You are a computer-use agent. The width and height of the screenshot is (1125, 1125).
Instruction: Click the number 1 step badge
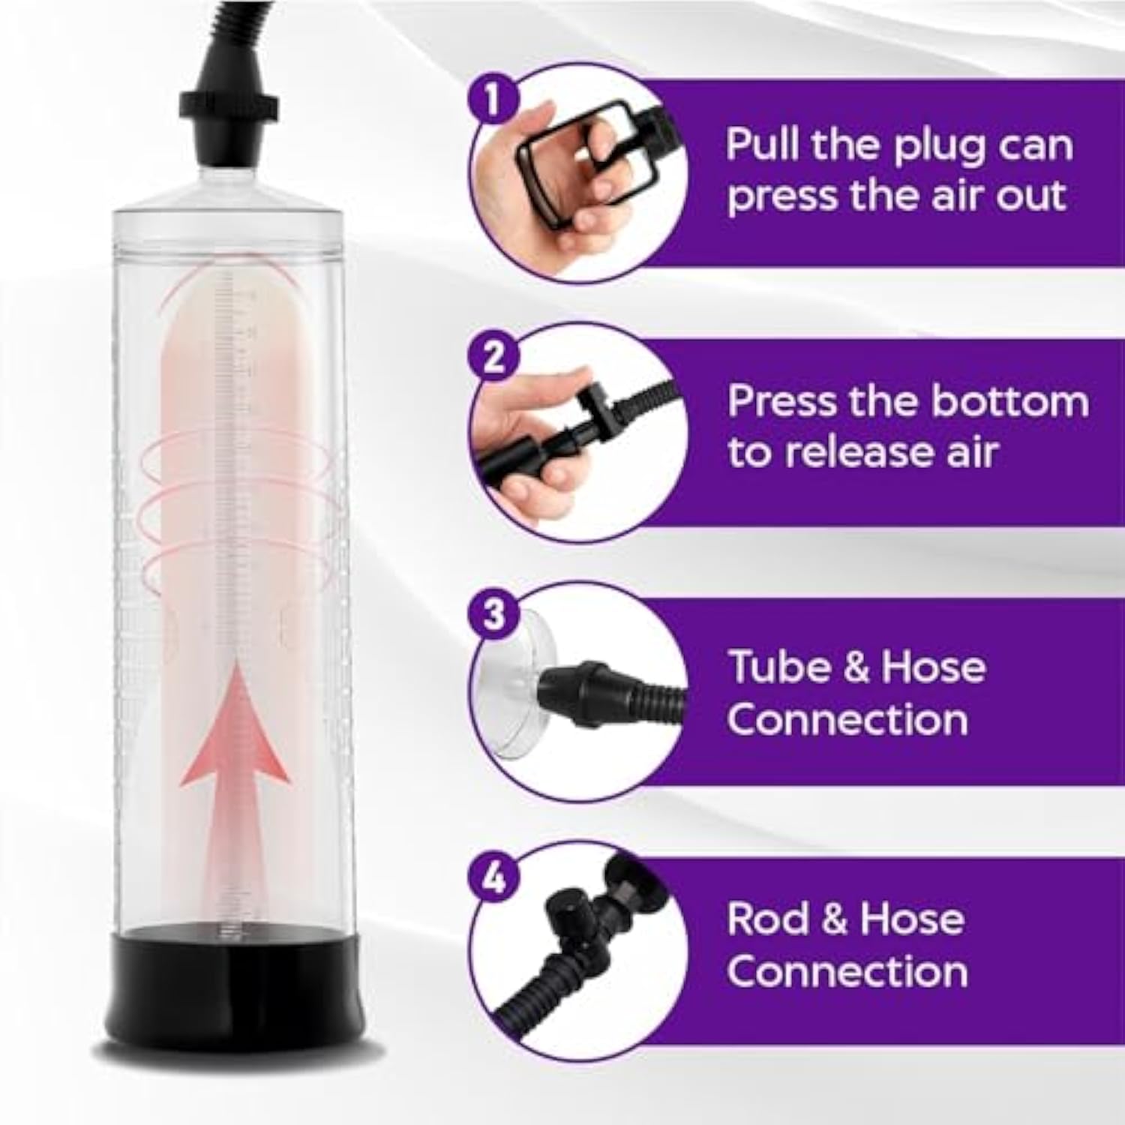pyautogui.click(x=492, y=100)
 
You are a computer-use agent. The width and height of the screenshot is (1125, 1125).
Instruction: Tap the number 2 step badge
pyautogui.click(x=493, y=358)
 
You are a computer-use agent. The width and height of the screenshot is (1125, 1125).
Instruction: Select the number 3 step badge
pyautogui.click(x=493, y=615)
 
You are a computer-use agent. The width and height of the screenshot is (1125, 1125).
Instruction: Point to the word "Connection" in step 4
pyautogui.click(x=847, y=972)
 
